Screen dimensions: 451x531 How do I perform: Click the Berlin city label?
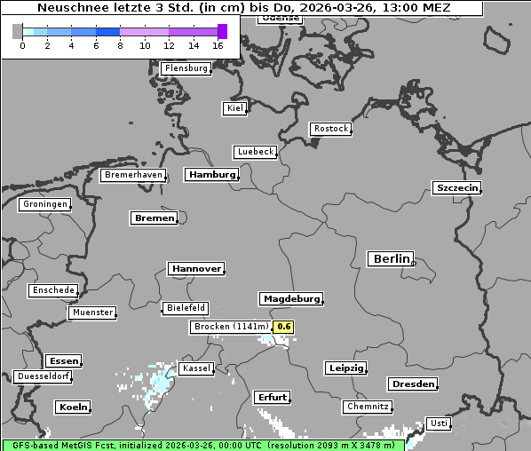391,259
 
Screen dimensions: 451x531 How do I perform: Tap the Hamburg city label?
212,175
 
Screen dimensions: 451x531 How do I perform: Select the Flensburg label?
186,68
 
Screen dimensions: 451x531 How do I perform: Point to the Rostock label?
330,129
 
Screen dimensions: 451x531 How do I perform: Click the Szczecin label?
456,187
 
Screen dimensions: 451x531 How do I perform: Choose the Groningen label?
44,204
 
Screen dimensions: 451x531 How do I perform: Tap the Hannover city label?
195,268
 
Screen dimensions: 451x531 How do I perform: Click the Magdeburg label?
290,298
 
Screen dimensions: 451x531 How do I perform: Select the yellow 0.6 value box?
283,327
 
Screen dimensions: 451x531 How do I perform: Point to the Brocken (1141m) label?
230,327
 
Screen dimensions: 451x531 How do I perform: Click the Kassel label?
195,368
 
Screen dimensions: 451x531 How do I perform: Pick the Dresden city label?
412,384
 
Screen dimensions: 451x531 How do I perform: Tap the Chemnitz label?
367,407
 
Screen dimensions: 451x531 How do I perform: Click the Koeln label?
73,407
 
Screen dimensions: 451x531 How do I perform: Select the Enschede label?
53,290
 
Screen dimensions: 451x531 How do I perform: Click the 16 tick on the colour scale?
218,45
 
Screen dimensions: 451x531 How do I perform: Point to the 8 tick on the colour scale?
120,45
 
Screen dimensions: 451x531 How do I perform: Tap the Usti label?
438,423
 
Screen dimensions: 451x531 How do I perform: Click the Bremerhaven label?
133,175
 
